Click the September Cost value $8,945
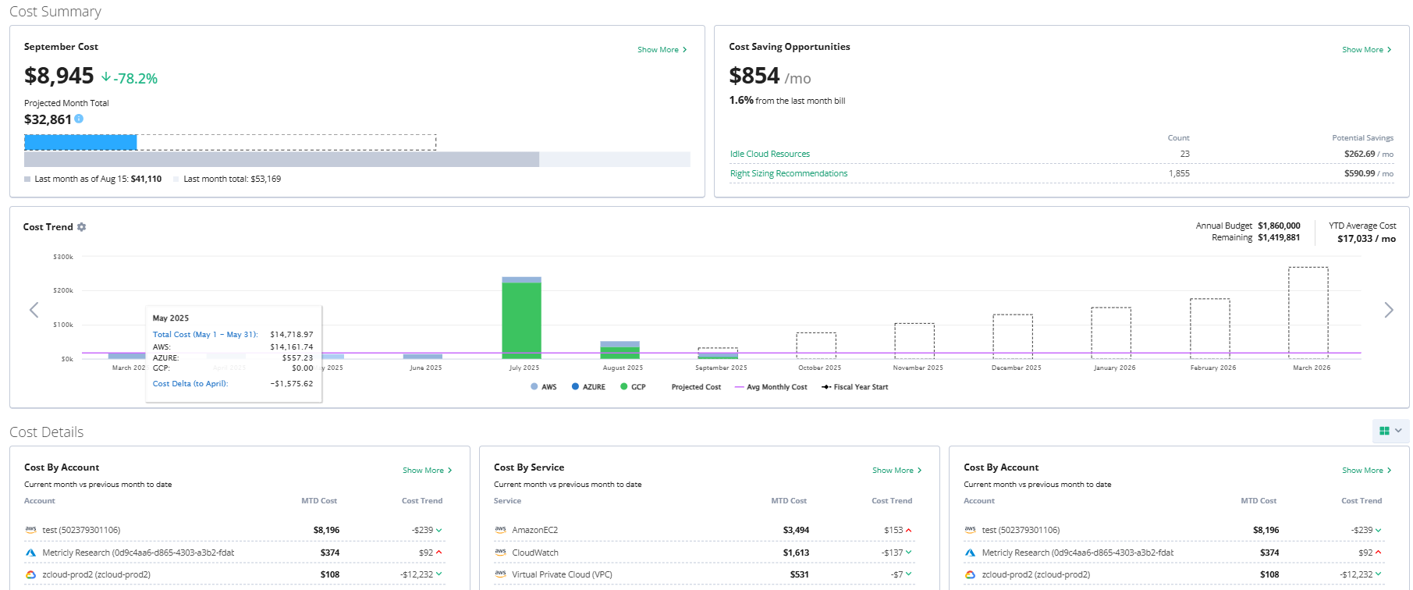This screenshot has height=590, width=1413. click(59, 76)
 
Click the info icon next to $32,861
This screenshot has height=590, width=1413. click(79, 119)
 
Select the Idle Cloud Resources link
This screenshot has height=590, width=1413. click(769, 154)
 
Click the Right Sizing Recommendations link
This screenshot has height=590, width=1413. click(788, 173)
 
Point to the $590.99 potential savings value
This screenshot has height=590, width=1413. click(1359, 173)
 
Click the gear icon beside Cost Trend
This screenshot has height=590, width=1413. click(81, 227)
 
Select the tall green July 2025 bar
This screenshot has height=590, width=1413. click(521, 320)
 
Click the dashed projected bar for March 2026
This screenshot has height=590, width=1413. click(1308, 312)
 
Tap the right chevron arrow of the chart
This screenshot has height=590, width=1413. click(1388, 310)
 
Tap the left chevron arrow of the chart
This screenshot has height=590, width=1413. click(34, 310)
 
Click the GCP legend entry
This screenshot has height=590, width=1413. click(633, 387)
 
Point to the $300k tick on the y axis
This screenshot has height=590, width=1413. click(63, 257)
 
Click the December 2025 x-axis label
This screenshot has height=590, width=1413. click(1016, 368)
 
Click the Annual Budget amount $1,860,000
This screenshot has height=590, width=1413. click(1279, 226)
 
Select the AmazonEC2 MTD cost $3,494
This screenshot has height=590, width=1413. click(796, 530)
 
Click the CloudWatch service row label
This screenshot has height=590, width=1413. click(534, 553)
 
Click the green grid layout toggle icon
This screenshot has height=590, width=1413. click(1384, 431)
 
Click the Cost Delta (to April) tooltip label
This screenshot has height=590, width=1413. click(190, 384)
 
